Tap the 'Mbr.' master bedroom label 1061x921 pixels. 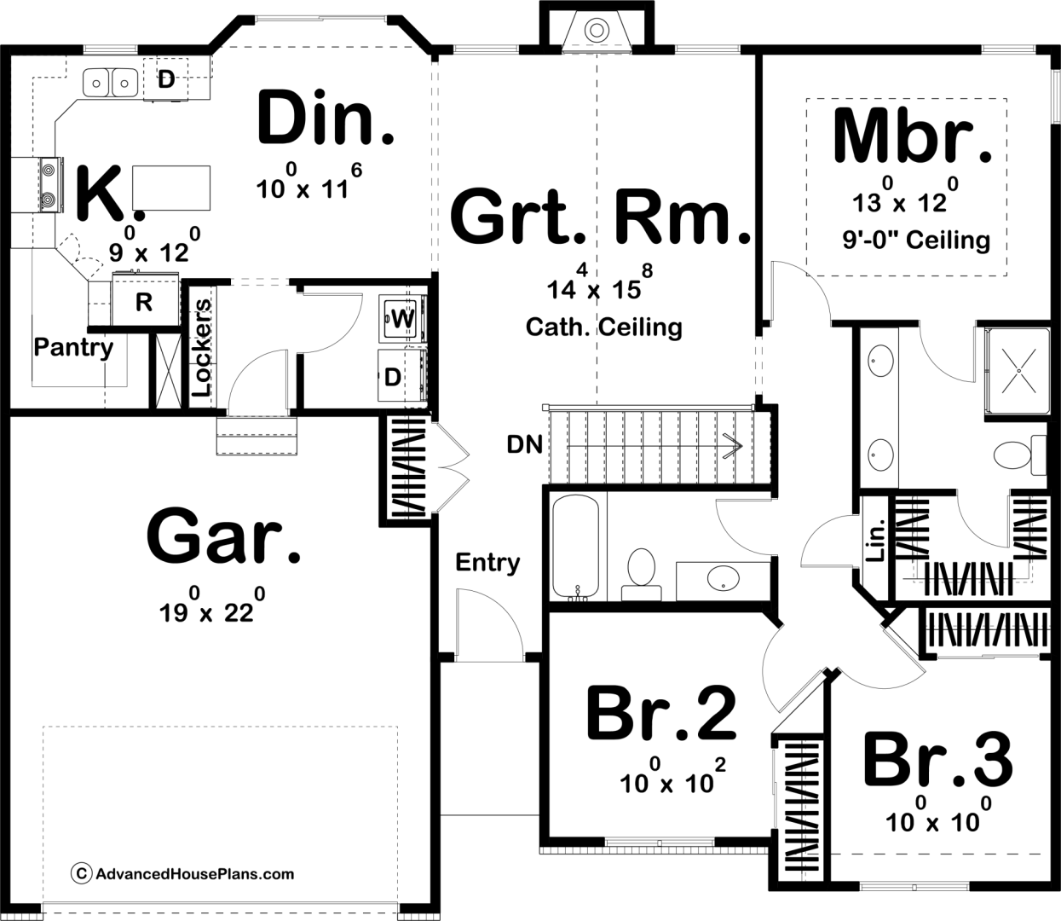[x=912, y=136]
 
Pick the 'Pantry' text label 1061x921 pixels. [x=73, y=347]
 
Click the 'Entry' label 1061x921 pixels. [x=487, y=562]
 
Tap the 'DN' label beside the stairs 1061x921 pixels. [x=524, y=444]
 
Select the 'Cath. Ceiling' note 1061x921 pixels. [x=603, y=327]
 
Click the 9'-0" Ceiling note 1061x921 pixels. [x=916, y=240]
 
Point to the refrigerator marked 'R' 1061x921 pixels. [x=144, y=301]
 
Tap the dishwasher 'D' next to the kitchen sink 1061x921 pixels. [x=166, y=79]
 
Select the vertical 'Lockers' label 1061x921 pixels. [x=201, y=347]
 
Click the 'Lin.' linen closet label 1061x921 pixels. [x=874, y=540]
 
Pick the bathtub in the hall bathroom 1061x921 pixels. [x=576, y=547]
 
